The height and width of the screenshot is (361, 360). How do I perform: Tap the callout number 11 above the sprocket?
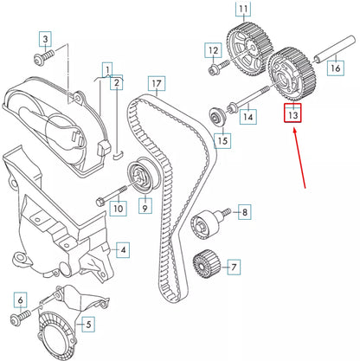[243, 12]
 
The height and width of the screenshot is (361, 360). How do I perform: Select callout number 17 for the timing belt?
[155, 85]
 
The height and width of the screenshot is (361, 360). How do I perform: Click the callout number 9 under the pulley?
[145, 207]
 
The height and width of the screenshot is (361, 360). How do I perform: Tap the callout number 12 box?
[213, 51]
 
